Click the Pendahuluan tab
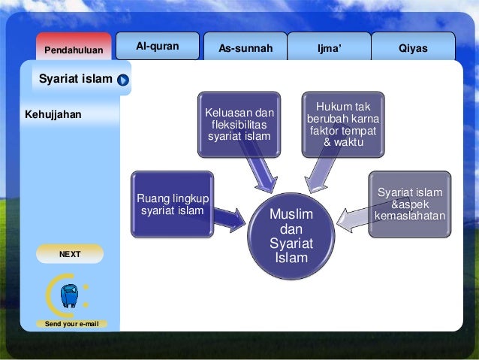pos(74,50)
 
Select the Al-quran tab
pos(157,47)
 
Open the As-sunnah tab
pos(245,48)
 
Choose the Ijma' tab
pos(329,48)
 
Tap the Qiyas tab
pos(413,48)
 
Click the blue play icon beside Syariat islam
pos(123,80)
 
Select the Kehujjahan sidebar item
pos(53,115)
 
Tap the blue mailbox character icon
pos(70,295)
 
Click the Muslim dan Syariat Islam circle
pos(291,236)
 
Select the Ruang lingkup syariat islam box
pos(172,204)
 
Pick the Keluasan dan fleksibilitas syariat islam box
pos(239,125)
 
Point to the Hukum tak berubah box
pos(342,124)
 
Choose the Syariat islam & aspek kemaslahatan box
pos(410,204)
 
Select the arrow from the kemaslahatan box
pos(352,219)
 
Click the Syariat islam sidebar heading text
pos(75,79)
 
